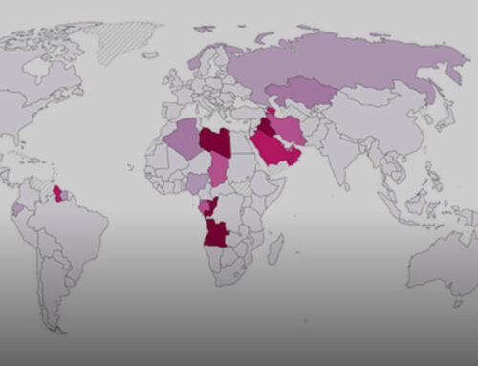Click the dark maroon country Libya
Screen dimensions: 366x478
215,143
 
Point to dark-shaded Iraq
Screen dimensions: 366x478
267,128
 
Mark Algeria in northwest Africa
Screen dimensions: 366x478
181,141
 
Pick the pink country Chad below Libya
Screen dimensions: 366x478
219,169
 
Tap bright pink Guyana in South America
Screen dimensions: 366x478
60,194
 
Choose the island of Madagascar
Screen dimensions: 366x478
275,250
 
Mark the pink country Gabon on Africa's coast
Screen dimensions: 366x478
203,206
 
